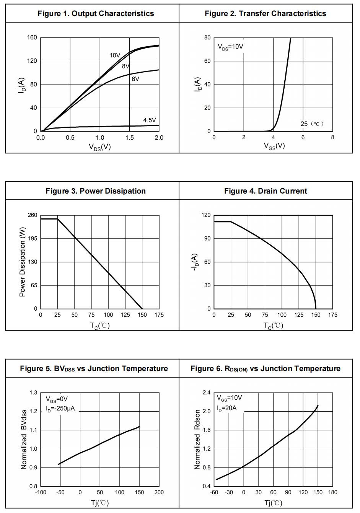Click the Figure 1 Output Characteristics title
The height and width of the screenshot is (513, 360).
coord(96,14)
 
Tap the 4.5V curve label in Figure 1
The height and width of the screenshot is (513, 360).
coord(150,120)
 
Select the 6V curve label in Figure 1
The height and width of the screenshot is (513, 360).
coord(135,79)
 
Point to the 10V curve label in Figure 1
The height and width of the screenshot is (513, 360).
coord(115,55)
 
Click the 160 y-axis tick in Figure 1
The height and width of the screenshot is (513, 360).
coord(32,37)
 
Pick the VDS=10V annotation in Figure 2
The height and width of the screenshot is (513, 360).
coord(230,47)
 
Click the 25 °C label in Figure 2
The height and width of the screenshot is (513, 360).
coord(312,124)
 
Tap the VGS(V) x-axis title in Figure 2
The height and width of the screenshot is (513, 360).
coord(274,146)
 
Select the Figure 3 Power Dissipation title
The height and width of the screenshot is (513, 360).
coord(96,191)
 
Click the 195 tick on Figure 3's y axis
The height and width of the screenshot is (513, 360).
coord(33,239)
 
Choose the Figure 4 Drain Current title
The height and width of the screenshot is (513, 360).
coord(266,191)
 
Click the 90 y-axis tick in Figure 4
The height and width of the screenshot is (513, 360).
coord(207,239)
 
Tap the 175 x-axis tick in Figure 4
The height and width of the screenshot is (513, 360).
coord(332,315)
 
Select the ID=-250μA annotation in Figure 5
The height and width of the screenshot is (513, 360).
coord(60,409)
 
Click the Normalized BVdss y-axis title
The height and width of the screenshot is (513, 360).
coord(24,440)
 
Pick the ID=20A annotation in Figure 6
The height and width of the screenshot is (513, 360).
coord(226,408)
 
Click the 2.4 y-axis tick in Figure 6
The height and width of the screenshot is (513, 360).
coord(207,392)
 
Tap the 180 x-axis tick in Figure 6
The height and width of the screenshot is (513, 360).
coord(332,492)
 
